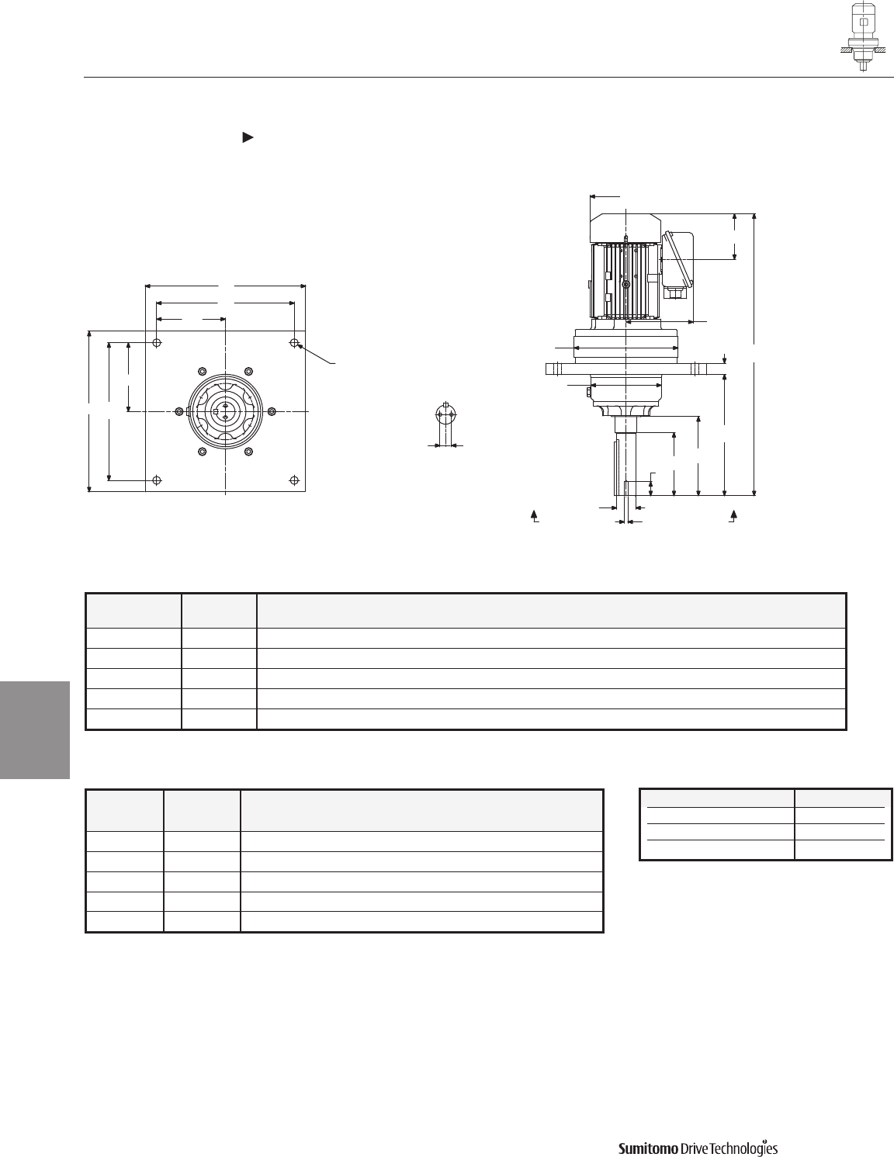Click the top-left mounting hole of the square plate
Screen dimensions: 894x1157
pos(157,342)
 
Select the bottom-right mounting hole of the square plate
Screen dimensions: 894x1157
pos(294,480)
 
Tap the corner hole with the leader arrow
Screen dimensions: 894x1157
pos(294,342)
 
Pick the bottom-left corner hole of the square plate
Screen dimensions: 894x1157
pos(157,480)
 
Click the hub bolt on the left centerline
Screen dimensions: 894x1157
pos(179,411)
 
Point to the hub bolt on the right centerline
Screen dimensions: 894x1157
pos(272,411)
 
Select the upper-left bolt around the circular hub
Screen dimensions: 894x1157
pos(203,371)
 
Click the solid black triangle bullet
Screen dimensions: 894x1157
pos(248,137)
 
